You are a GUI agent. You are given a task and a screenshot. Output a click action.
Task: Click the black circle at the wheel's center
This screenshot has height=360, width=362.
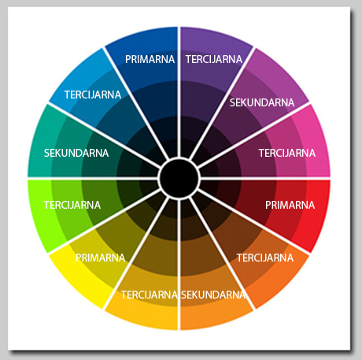pos(179,179)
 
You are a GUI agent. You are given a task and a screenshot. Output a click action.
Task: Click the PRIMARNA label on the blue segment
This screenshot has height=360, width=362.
pos(150,59)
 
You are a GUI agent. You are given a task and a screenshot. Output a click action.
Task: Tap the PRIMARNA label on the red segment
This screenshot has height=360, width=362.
pos(290,205)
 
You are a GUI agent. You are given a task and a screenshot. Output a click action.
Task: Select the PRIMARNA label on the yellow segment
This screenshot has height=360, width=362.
pos(100,258)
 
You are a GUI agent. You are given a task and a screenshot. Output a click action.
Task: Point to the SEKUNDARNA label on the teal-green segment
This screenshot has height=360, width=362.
pos(76,153)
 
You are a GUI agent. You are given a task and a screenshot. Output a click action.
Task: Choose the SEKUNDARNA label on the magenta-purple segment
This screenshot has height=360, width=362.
pos(262,102)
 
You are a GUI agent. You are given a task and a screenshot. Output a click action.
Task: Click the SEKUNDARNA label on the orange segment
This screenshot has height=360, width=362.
pos(213,295)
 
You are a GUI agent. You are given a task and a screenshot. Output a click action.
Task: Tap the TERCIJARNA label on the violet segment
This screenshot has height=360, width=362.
pos(214,59)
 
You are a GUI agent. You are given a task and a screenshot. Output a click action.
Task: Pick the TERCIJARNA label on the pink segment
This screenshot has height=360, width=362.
pos(287,153)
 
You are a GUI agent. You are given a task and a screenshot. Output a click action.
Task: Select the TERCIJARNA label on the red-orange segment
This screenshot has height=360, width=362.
pos(265,258)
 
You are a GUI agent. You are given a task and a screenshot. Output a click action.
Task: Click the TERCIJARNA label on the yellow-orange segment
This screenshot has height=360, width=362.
pos(150,295)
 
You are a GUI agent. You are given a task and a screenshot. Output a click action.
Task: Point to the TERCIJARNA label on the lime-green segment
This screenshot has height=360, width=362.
pos(72,205)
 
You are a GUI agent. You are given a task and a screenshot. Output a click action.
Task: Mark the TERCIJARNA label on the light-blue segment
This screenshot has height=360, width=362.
pos(93,95)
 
